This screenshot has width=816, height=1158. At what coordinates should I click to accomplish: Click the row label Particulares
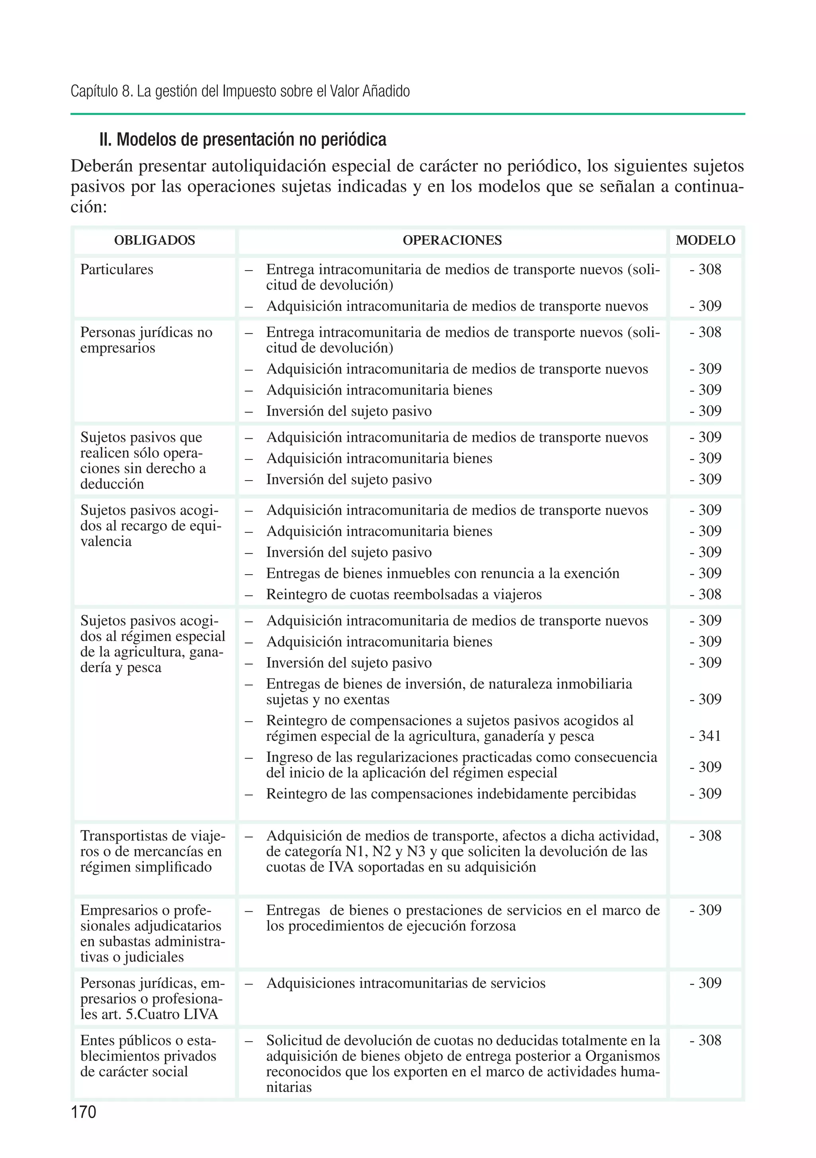click(116, 269)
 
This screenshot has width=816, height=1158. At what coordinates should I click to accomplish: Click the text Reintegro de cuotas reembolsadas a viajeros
click(404, 594)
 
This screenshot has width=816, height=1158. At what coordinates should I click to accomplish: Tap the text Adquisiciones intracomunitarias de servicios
click(406, 983)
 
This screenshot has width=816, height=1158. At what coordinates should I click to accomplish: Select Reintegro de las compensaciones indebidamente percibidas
click(451, 794)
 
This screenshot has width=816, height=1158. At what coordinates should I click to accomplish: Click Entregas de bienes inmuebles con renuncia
click(442, 573)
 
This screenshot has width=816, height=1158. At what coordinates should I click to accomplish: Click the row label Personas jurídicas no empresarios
click(146, 340)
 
